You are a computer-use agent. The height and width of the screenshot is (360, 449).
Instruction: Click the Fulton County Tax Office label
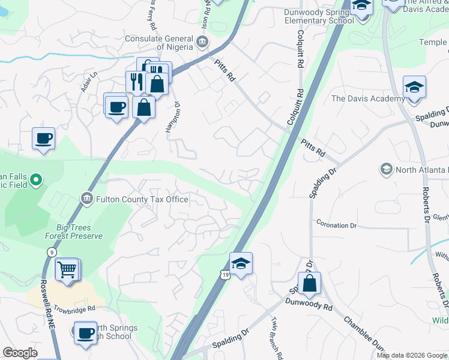[142, 199]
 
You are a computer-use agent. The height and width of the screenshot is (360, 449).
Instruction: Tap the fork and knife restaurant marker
[135, 81]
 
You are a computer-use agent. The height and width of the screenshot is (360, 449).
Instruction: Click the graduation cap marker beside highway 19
[241, 263]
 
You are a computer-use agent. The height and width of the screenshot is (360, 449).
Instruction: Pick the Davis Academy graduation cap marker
[414, 88]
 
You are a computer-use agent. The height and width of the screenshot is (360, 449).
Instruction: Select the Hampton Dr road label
[178, 111]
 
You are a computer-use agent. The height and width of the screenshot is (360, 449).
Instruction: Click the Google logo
[20, 353]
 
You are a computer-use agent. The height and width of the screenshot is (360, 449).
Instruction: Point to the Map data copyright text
[412, 355]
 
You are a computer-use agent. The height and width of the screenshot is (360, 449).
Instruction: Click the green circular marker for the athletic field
[35, 179]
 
